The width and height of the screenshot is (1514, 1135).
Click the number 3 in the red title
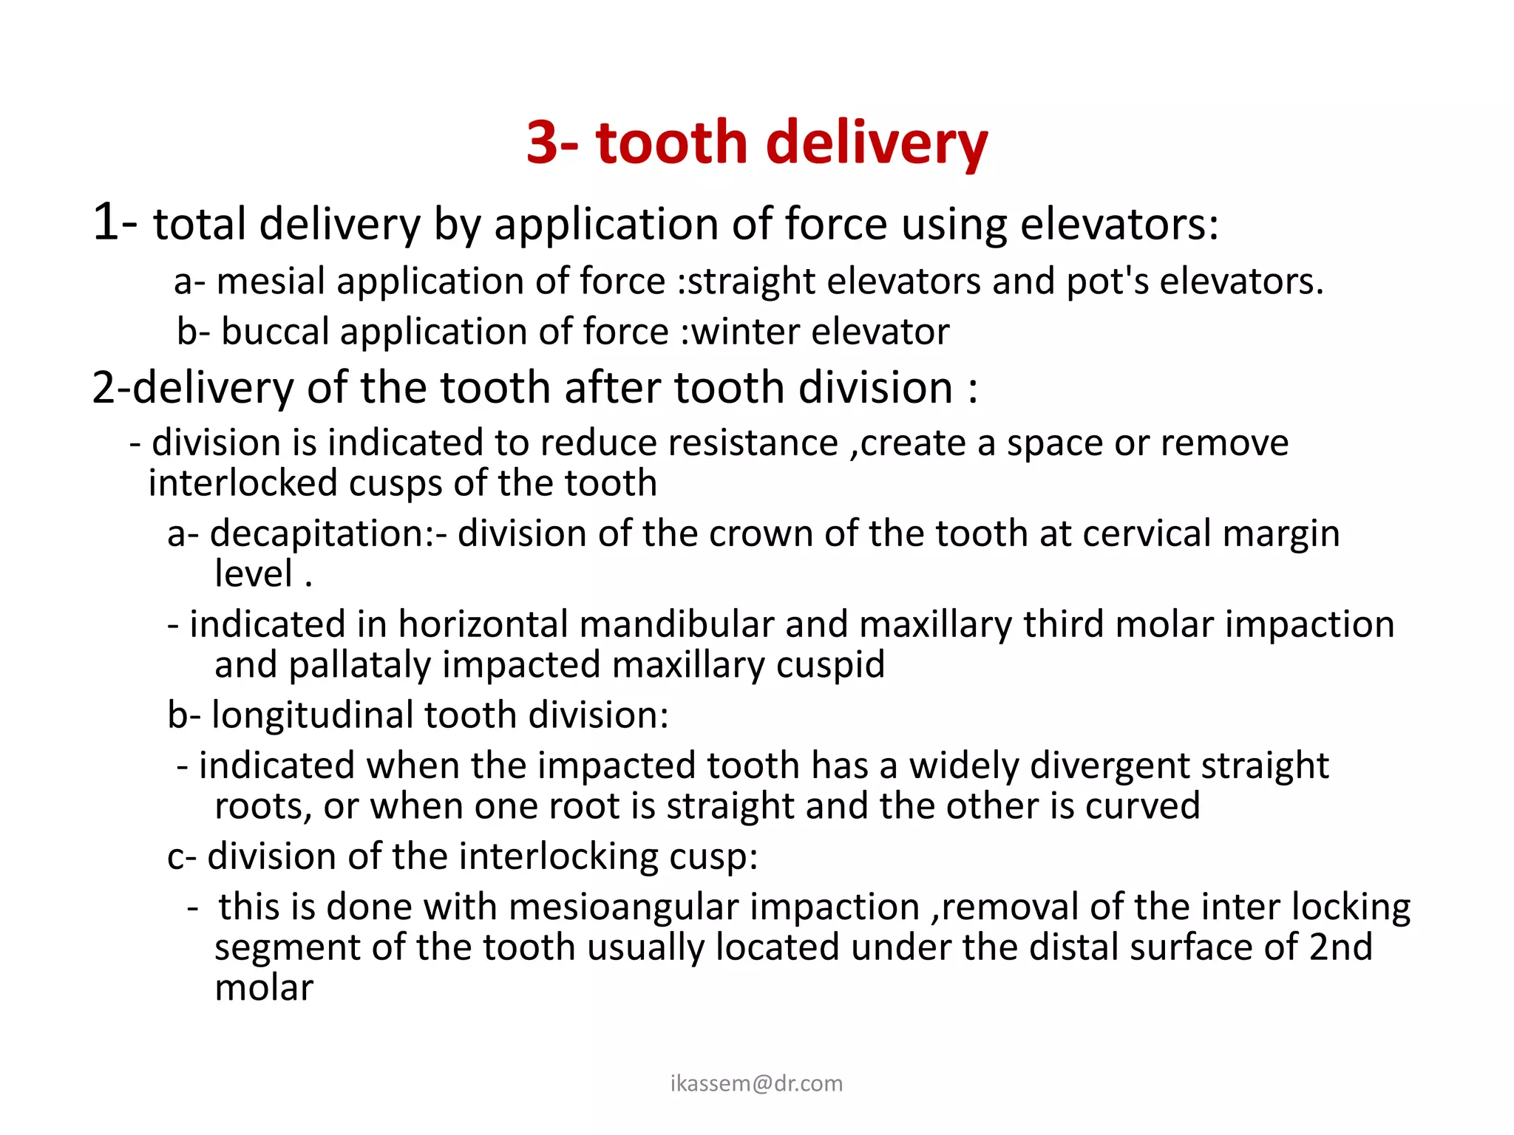(x=543, y=142)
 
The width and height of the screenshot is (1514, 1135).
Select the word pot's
(x=1107, y=282)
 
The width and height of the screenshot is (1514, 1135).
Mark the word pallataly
(x=359, y=666)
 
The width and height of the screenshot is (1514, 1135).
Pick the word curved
(x=1142, y=806)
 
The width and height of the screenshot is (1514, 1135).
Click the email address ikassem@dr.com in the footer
(x=756, y=1083)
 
